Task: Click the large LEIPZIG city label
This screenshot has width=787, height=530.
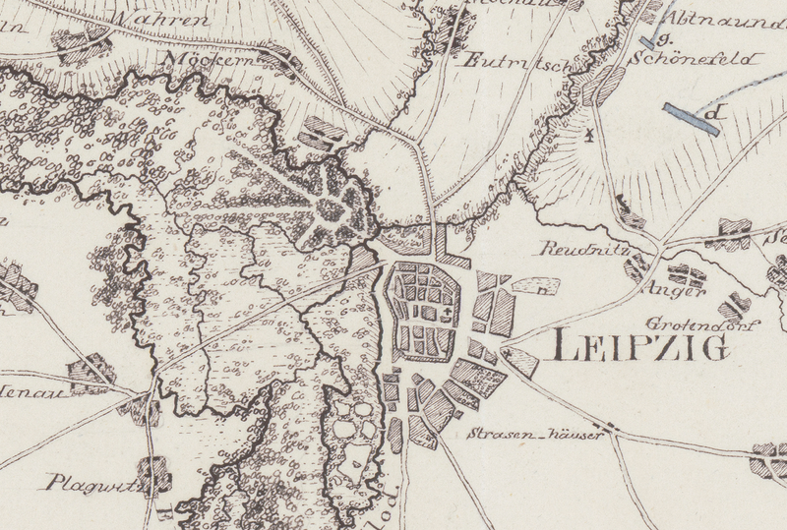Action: (x=640, y=346)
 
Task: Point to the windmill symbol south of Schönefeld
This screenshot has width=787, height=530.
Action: (x=590, y=135)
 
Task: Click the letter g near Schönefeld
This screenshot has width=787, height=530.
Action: (x=665, y=40)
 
